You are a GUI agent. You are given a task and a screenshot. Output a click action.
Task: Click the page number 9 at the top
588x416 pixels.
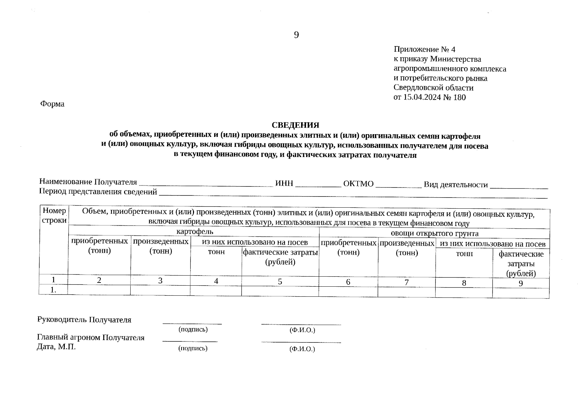tap(296, 35)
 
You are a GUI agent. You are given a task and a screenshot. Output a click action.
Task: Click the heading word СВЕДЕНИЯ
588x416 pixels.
tap(295, 125)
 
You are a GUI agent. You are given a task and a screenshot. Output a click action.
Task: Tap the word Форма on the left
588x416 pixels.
tap(52, 104)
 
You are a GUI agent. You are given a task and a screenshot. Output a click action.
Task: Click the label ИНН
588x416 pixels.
tap(284, 183)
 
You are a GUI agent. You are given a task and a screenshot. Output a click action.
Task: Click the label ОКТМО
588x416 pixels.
tap(358, 184)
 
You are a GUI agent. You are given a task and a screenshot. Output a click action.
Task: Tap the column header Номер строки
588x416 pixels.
tap(54, 215)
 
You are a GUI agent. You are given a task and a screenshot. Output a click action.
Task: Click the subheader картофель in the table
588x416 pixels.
tap(195, 231)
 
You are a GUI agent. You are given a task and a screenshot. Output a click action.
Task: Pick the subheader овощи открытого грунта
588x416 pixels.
tap(434, 233)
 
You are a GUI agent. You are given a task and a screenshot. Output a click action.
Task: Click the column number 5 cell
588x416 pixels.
tap(280, 281)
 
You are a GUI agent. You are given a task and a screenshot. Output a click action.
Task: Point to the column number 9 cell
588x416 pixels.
tap(520, 283)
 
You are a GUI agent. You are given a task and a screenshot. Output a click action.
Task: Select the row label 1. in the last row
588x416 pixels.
tap(53, 290)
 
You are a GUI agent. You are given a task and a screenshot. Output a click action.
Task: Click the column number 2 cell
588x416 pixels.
tap(99, 280)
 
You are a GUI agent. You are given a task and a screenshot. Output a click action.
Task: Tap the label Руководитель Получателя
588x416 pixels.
tap(84, 320)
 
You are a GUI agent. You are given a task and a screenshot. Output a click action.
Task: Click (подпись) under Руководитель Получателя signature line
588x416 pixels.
tap(193, 329)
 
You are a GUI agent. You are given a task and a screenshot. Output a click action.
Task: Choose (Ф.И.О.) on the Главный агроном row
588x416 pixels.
tap(302, 349)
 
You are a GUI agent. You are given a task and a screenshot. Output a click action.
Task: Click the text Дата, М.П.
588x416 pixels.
tap(56, 347)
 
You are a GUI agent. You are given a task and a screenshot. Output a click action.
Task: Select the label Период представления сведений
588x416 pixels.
tap(98, 192)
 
